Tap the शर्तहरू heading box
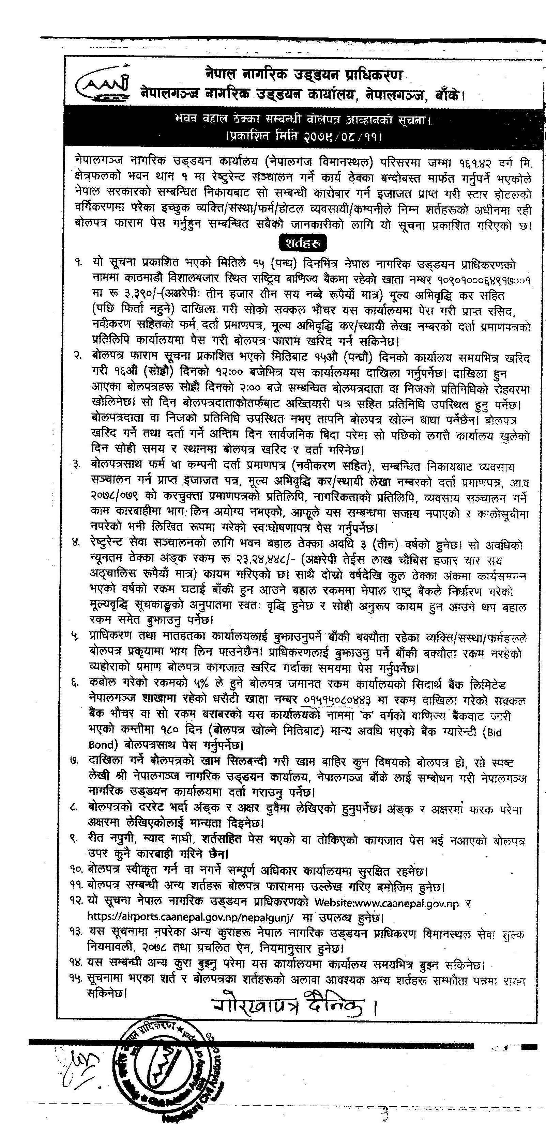click(302, 243)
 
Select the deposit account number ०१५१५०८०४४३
click(338, 700)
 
